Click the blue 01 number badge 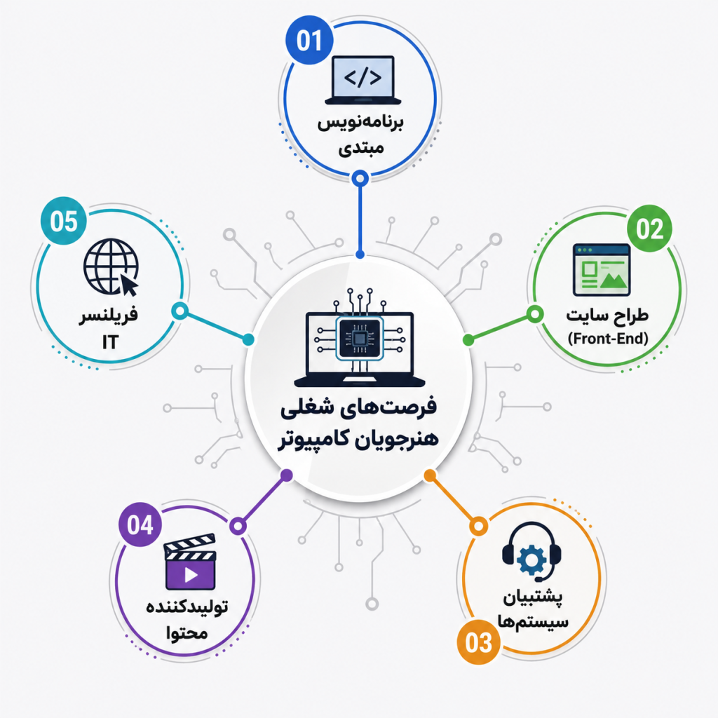[309, 40]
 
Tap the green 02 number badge [649, 228]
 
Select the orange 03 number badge [478, 642]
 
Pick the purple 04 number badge [140, 524]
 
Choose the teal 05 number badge [64, 221]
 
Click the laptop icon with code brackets [363, 80]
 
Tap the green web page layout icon [601, 270]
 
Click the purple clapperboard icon [190, 562]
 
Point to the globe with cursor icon [111, 267]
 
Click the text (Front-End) [608, 339]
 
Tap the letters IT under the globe [110, 341]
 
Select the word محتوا [187, 633]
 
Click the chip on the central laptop [360, 339]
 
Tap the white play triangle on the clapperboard [191, 575]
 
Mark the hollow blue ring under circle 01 [360, 178]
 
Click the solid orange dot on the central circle [430, 476]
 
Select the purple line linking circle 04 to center [262, 501]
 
